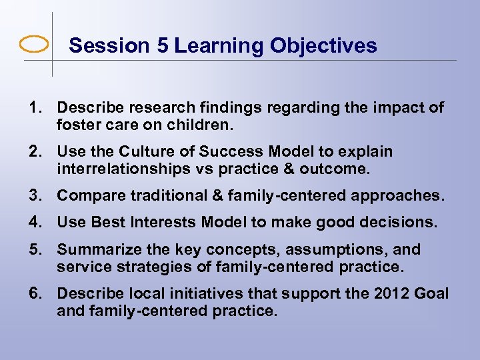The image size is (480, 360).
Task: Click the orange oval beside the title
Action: [x=34, y=45]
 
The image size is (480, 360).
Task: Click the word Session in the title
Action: [x=100, y=46]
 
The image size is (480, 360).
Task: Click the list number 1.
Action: [x=33, y=108]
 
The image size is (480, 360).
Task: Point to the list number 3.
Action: [x=33, y=196]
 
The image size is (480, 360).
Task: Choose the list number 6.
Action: [x=33, y=293]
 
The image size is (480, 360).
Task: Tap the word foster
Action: [x=78, y=124]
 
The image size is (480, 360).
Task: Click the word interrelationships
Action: [x=123, y=168]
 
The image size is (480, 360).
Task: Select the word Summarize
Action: [x=97, y=249]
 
